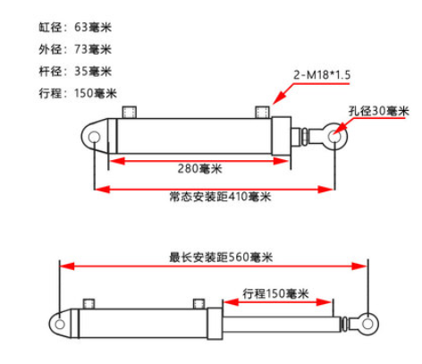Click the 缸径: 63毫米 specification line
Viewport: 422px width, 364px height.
pos(75,28)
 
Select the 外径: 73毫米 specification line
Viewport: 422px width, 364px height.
pos(75,49)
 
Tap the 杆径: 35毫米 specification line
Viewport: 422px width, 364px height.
pos(75,72)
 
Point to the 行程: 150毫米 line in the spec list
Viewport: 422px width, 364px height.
pos(78,93)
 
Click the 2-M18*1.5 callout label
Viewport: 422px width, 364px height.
pos(322,74)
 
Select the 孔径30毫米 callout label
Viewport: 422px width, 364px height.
pos(379,111)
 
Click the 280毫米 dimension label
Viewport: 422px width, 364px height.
pos(200,169)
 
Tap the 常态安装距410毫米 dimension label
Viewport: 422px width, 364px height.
pos(220,197)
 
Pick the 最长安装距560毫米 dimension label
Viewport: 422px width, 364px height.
pos(221,258)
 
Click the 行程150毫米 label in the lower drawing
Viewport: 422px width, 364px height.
pos(275,293)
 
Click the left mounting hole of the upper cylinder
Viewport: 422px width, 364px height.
pos(94,137)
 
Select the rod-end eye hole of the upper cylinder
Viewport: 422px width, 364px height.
pos(334,137)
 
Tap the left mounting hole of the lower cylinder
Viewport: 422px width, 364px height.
pos(60,324)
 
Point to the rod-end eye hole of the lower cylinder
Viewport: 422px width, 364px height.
pos(368,324)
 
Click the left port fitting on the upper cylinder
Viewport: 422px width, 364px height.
pos(130,112)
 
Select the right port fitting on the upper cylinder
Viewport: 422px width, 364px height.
pos(263,112)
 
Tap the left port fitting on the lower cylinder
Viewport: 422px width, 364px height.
pos(89,303)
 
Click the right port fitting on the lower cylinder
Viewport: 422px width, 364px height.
pos(198,303)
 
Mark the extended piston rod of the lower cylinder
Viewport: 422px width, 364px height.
pos(282,325)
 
